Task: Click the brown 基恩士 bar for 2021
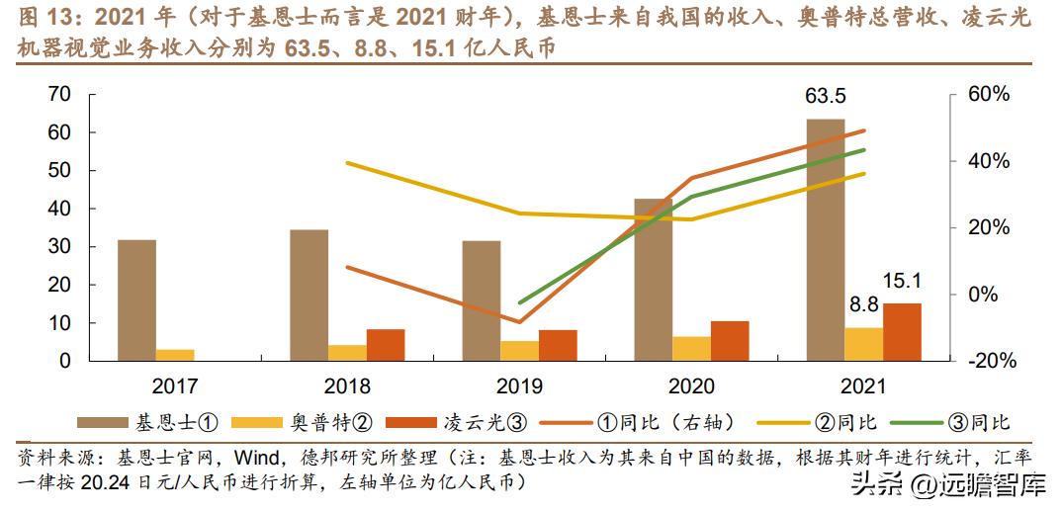[826, 240]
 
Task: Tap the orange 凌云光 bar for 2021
[902, 332]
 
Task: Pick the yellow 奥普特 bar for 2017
[175, 355]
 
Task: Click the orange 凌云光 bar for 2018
[386, 345]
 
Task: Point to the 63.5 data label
[826, 97]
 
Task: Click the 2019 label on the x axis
[519, 385]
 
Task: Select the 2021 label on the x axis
[863, 385]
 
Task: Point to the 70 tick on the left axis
[59, 95]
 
